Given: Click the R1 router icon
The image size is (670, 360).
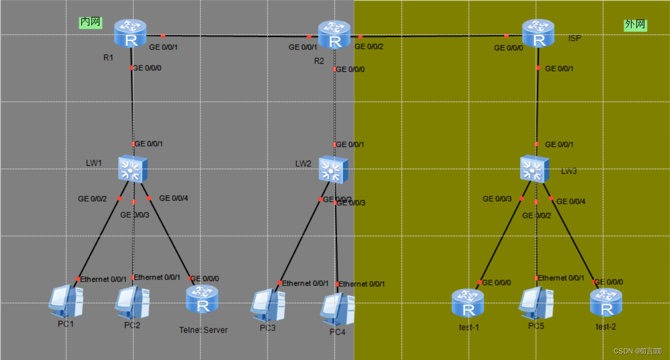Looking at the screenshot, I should [x=130, y=33].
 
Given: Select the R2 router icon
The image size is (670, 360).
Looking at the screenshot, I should [x=334, y=35].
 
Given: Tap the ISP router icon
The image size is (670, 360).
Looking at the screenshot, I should [x=538, y=33].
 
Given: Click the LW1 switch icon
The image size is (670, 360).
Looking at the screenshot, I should [x=132, y=169].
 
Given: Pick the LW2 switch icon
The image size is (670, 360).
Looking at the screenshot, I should [x=333, y=170].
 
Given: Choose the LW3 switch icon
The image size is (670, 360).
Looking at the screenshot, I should [x=535, y=168].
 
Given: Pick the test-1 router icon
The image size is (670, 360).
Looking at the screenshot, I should [x=468, y=303].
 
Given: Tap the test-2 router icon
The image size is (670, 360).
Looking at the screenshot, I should [x=606, y=303].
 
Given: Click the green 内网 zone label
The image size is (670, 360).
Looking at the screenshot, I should [x=90, y=22].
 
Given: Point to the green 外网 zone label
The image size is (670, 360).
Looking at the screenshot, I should [x=635, y=25].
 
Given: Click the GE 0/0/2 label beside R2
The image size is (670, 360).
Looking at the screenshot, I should [x=369, y=47].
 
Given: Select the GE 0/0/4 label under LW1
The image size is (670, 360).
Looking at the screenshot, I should [x=173, y=199].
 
